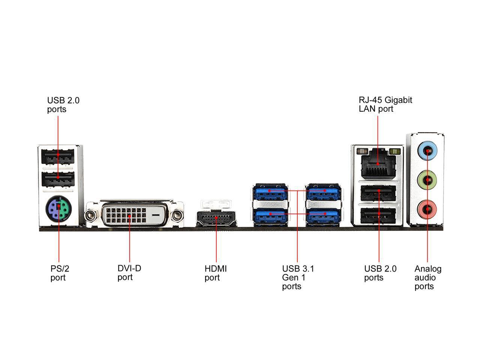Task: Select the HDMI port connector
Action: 216,218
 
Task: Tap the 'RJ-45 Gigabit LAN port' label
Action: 385,104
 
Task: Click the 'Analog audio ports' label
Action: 428,277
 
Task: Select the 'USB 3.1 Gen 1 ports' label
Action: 298,277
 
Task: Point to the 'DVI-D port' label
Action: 129,273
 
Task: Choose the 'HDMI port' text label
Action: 216,273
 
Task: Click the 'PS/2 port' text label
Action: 60,273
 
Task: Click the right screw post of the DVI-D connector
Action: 177,215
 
